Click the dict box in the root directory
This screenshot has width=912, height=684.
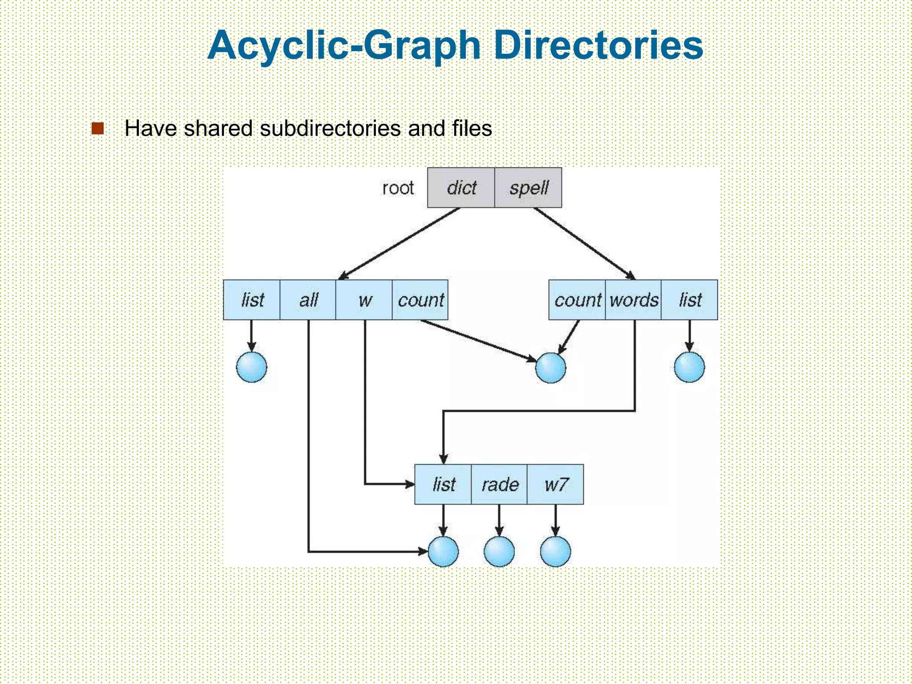(x=461, y=187)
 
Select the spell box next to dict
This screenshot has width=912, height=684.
(x=528, y=187)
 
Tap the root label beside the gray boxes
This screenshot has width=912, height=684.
(x=398, y=188)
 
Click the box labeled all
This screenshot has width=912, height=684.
(x=308, y=300)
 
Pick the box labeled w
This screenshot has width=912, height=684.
(x=364, y=300)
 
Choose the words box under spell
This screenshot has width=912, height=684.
(x=633, y=300)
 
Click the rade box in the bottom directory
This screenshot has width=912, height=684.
(x=499, y=484)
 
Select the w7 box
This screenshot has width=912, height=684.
(x=555, y=484)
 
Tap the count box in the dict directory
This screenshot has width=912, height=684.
(x=420, y=300)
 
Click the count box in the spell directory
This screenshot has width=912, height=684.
(x=577, y=300)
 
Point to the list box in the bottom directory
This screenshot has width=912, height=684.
(x=443, y=484)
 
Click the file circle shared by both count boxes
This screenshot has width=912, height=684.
(x=550, y=368)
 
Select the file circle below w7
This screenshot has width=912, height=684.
(x=555, y=551)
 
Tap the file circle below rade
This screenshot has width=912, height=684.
(x=499, y=551)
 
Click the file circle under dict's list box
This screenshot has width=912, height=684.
(x=252, y=367)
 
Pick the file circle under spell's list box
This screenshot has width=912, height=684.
(x=689, y=367)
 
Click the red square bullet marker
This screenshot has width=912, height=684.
(x=98, y=128)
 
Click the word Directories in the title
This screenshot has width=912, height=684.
(x=598, y=45)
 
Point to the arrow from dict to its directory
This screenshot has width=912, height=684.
(x=399, y=244)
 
